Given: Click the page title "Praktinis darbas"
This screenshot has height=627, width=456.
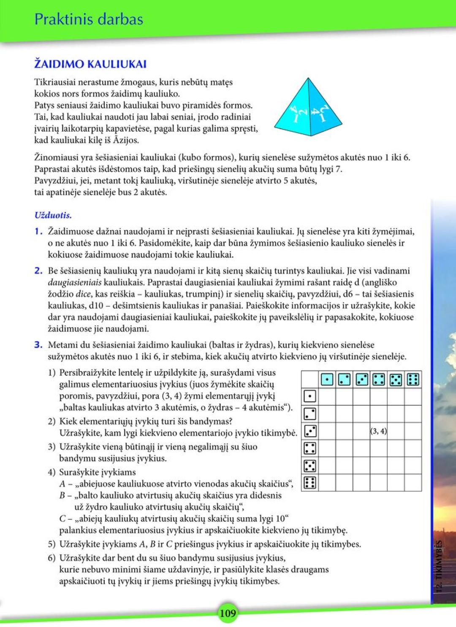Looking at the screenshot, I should pyautogui.click(x=89, y=19).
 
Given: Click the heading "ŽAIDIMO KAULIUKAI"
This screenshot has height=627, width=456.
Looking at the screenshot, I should pyautogui.click(x=90, y=64).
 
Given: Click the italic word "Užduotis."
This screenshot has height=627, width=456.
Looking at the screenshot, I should pyautogui.click(x=53, y=215).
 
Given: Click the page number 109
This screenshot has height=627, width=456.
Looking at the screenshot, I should pyautogui.click(x=228, y=613).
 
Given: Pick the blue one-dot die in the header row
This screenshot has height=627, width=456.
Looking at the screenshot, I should pyautogui.click(x=327, y=380).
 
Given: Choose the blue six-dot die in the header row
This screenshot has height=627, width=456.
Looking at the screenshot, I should pyautogui.click(x=413, y=380).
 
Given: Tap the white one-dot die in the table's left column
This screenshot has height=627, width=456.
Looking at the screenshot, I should pyautogui.click(x=310, y=396).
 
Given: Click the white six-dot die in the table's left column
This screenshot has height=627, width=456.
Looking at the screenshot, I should pyautogui.click(x=310, y=482).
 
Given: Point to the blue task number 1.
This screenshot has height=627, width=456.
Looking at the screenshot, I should pyautogui.click(x=38, y=231).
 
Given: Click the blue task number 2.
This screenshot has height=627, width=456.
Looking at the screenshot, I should pyautogui.click(x=38, y=271).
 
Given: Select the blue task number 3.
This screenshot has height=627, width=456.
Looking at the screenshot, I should pyautogui.click(x=38, y=345).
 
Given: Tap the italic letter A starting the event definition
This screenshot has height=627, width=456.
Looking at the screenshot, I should pyautogui.click(x=62, y=484).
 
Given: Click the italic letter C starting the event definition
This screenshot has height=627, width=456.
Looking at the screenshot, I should pyautogui.click(x=62, y=518).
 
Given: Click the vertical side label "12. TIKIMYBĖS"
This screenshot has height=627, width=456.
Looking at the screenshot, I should pyautogui.click(x=439, y=566).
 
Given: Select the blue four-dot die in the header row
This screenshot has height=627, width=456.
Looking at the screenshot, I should pyautogui.click(x=379, y=380).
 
